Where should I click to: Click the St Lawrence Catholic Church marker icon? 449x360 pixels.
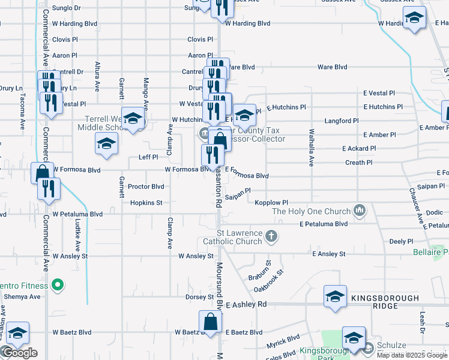point(271,236)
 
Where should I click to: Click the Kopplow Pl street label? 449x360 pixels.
point(271,203)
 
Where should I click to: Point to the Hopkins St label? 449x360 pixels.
point(146,203)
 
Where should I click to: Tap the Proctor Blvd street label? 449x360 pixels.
point(146,187)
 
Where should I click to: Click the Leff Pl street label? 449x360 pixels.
point(148,157)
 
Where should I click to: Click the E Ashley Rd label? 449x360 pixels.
point(246,305)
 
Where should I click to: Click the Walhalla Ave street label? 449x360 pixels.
point(311,147)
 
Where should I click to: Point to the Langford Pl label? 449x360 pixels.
point(341,121)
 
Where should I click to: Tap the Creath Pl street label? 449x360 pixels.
point(359,163)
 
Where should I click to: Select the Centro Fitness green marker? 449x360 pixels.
point(58,284)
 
